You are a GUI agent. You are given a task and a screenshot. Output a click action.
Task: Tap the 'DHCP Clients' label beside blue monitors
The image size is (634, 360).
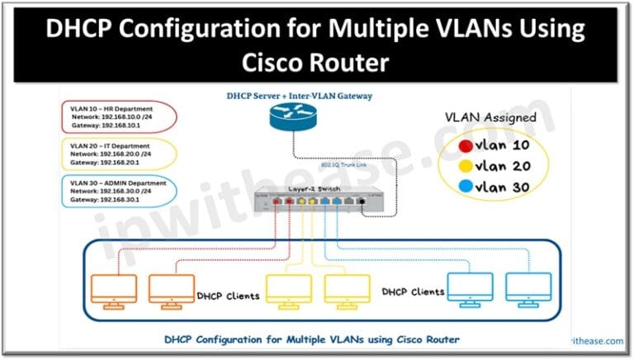pos(413,291)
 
